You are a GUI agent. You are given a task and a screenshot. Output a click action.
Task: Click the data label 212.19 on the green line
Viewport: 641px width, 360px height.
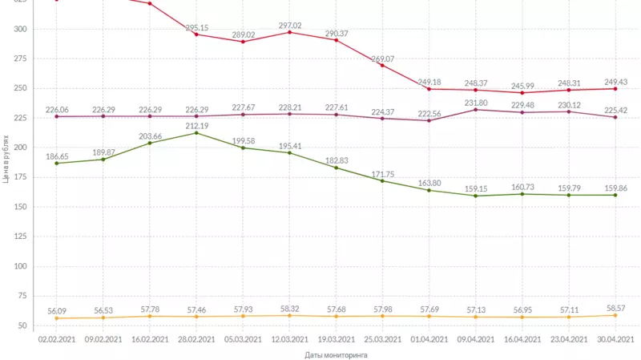click(196, 125)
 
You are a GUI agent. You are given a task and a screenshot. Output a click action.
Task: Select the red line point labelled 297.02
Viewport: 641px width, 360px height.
click(289, 32)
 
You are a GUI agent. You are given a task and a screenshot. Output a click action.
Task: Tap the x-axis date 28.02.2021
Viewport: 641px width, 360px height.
click(196, 339)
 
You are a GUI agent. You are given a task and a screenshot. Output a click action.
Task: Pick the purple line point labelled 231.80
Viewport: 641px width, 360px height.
click(476, 110)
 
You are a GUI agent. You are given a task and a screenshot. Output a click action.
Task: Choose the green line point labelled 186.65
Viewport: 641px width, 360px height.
click(56, 164)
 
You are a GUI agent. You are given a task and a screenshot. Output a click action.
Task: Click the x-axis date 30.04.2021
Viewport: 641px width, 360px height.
click(615, 339)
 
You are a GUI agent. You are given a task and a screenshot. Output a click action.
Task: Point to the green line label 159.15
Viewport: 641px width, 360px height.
click(476, 189)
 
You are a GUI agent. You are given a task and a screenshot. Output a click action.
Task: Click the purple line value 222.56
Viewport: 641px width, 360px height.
click(429, 113)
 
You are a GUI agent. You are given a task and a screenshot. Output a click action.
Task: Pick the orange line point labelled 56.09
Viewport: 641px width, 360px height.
click(56, 318)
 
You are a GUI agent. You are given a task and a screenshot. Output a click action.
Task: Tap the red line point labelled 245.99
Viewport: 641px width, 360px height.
click(522, 93)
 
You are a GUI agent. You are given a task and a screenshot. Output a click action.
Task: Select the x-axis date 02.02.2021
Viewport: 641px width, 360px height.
click(56, 339)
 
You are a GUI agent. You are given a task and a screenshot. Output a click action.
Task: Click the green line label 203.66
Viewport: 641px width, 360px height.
click(150, 136)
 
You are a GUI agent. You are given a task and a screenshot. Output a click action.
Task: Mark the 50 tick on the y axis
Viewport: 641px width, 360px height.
click(22, 326)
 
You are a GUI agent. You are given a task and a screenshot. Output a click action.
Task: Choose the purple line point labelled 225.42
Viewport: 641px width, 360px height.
click(615, 117)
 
